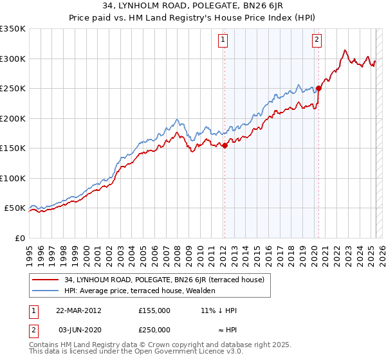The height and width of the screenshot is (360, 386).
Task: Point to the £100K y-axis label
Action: [x=13, y=178]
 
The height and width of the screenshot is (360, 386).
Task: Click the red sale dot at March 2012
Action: [x=225, y=146]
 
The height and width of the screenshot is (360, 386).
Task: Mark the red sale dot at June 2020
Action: [x=318, y=89]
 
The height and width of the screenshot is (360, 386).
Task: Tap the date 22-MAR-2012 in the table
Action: [x=79, y=310]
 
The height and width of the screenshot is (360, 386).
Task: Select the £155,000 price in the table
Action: [x=154, y=310]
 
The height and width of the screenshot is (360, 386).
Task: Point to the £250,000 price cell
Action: [x=154, y=330]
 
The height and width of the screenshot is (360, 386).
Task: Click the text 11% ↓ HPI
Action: [x=219, y=310]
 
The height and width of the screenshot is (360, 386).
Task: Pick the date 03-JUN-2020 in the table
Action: [x=79, y=330]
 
